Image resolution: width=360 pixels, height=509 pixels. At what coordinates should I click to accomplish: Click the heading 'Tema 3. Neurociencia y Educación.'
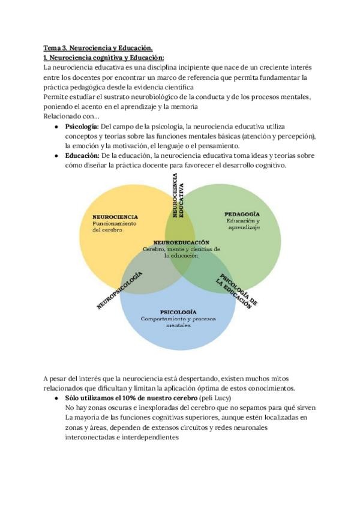click(98, 47)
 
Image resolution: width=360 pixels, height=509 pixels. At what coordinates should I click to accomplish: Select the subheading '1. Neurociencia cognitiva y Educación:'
click(104, 58)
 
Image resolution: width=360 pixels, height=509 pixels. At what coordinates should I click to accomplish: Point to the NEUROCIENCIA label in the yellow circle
click(115, 217)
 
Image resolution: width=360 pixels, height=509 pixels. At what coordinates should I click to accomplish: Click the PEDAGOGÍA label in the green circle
click(242, 214)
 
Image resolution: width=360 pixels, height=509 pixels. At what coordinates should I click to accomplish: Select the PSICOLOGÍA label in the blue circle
click(178, 312)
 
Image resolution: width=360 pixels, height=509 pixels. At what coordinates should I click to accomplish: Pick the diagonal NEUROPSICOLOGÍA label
click(119, 290)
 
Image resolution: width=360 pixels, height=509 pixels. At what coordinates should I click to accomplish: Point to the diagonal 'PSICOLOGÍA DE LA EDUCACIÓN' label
click(238, 291)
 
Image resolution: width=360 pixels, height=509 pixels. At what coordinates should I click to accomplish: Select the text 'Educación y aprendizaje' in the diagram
click(242, 224)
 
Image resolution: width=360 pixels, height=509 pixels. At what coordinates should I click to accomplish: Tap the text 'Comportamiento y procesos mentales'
click(178, 322)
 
